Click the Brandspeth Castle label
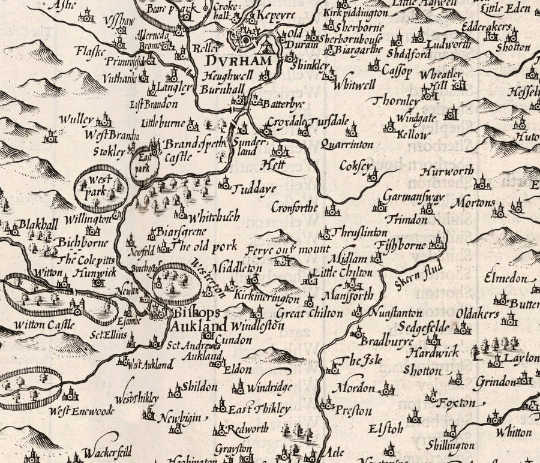click(x=185, y=151)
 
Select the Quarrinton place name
click(x=347, y=145)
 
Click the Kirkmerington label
click(x=267, y=298)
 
